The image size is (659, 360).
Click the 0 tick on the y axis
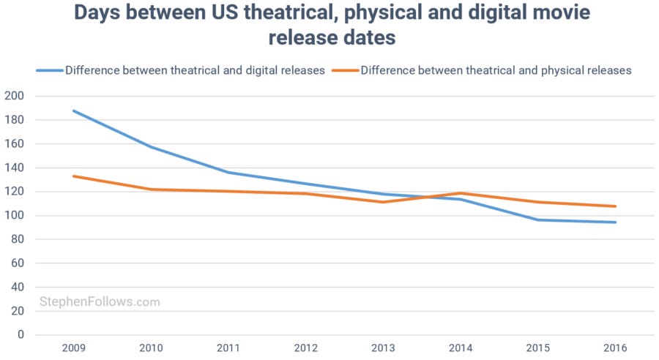pyautogui.click(x=21, y=334)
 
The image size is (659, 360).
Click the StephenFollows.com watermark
pyautogui.click(x=99, y=301)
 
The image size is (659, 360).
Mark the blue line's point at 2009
pyautogui.click(x=74, y=110)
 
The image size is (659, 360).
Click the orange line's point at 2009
pyautogui.click(x=74, y=176)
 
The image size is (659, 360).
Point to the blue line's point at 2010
pyautogui.click(x=151, y=147)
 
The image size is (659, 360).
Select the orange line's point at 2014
pyautogui.click(x=460, y=193)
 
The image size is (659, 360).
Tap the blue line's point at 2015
pyautogui.click(x=537, y=220)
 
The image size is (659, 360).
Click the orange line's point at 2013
pyautogui.click(x=382, y=202)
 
